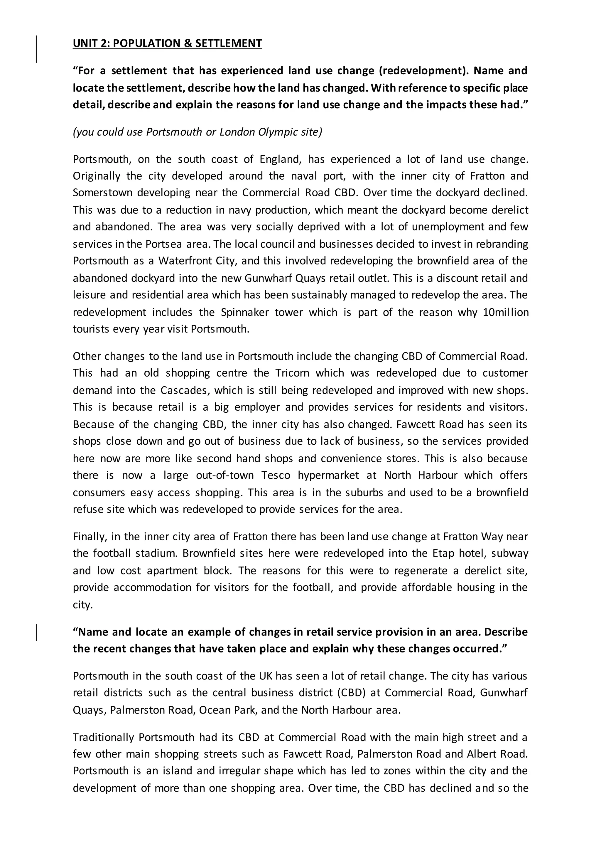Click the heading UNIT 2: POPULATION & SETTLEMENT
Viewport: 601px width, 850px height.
[x=167, y=43]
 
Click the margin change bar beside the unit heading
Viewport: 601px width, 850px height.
[x=37, y=49]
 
